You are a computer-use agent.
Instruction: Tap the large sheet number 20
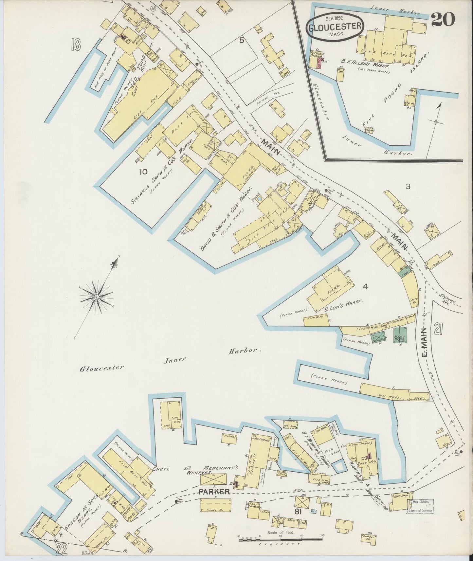[x=443, y=20]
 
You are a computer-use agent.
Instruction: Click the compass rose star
[x=97, y=297]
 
